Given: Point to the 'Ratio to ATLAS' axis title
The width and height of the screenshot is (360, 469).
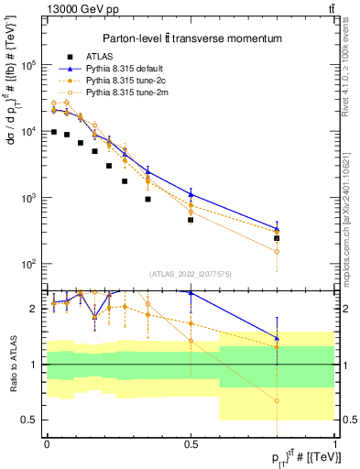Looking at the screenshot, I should point(12,364).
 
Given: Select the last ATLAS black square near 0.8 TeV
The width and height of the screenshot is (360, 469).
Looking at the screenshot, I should point(277,238).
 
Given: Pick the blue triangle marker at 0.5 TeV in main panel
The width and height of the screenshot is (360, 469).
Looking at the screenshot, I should point(191,193).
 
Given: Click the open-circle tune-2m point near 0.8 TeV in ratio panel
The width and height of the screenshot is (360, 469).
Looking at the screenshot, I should point(277,401).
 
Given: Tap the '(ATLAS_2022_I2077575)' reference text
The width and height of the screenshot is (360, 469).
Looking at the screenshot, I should point(191,273).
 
